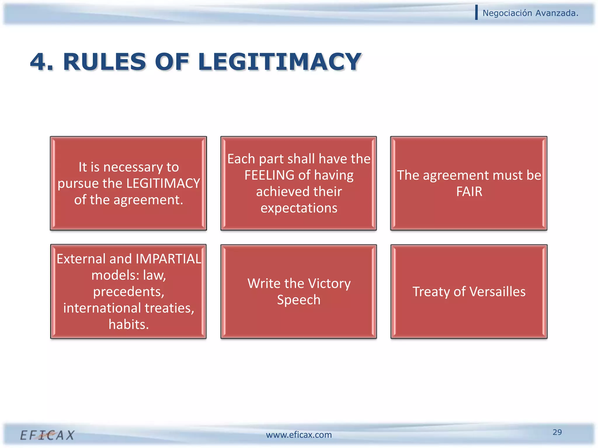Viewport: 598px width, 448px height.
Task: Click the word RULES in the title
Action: pyautogui.click(x=104, y=62)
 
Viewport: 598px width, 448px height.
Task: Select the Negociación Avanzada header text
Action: pyautogui.click(x=530, y=13)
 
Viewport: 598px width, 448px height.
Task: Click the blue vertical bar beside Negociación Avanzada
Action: pyautogui.click(x=477, y=13)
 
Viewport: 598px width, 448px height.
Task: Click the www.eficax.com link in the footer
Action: pyautogui.click(x=299, y=435)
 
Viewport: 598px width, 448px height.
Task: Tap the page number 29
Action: pyautogui.click(x=557, y=432)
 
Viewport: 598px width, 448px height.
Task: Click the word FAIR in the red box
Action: pyautogui.click(x=469, y=192)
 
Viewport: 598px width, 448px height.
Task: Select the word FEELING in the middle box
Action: pyautogui.click(x=269, y=175)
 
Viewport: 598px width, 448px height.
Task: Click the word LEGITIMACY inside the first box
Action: pyautogui.click(x=163, y=183)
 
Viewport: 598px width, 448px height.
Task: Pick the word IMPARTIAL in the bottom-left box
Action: pyautogui.click(x=168, y=259)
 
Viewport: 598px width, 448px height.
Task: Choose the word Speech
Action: pyautogui.click(x=299, y=300)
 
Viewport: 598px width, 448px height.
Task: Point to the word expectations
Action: pyautogui.click(x=299, y=208)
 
